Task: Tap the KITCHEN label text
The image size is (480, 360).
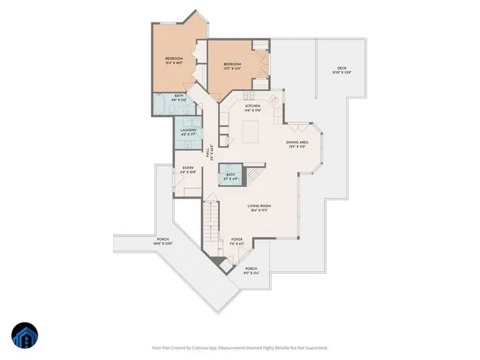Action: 253,106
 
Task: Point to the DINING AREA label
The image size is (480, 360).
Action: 298,141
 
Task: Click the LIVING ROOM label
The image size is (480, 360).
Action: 259,206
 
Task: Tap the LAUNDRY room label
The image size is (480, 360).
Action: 188,131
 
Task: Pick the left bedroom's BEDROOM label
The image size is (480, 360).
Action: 175,58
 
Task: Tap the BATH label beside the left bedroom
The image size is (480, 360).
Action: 179,96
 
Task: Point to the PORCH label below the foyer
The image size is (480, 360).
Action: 250,269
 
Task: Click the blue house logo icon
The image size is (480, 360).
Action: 25,336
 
